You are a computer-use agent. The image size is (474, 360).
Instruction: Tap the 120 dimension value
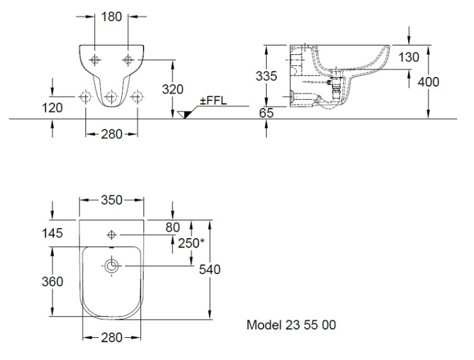pos(53,108)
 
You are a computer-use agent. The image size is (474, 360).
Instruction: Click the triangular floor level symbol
pos(185,114)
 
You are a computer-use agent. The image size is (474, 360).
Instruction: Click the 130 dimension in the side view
pos(409,57)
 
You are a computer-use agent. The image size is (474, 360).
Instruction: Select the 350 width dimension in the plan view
pos(111,200)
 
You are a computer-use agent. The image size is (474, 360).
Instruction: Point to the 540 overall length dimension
pos(209,270)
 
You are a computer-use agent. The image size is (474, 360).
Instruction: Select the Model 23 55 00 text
pos(291,325)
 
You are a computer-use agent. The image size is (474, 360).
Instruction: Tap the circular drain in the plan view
pos(112,268)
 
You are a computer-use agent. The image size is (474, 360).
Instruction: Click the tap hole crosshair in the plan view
pos(112,234)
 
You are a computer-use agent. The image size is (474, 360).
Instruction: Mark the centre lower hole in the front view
pos(111,97)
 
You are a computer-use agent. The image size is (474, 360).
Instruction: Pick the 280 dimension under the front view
pos(111,133)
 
